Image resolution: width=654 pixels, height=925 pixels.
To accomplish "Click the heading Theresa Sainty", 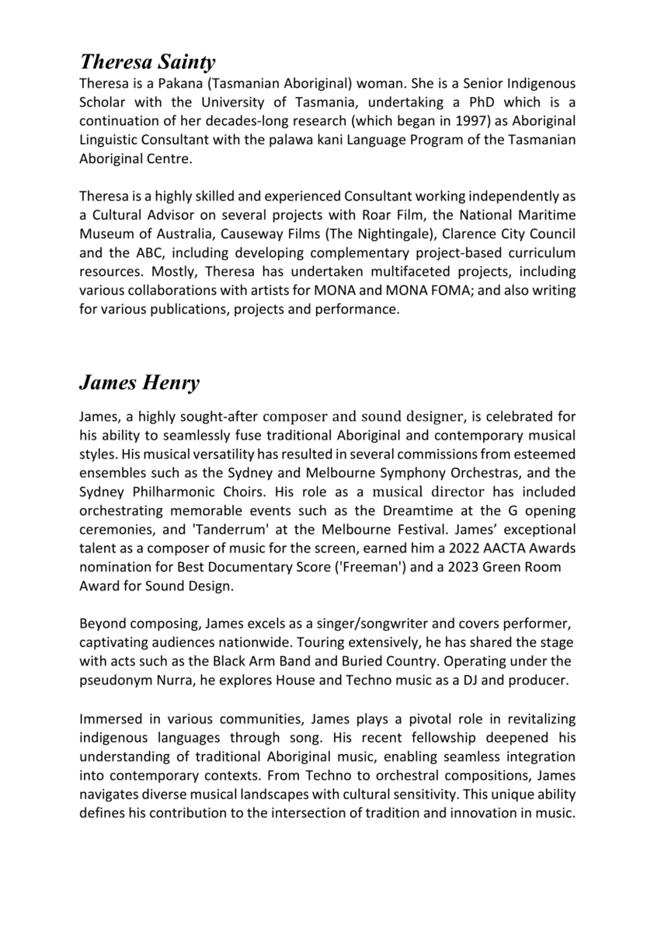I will [148, 61].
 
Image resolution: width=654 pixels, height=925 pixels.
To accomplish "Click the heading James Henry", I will [139, 383].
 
